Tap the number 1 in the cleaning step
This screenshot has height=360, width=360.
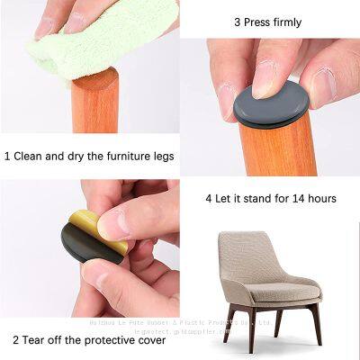click(x=7, y=156)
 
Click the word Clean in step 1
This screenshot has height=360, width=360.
click(x=31, y=156)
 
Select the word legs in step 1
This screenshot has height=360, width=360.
click(x=160, y=156)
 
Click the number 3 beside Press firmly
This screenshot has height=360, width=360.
click(x=237, y=22)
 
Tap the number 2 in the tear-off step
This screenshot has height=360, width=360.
click(x=16, y=339)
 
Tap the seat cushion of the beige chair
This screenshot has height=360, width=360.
click(x=270, y=292)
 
